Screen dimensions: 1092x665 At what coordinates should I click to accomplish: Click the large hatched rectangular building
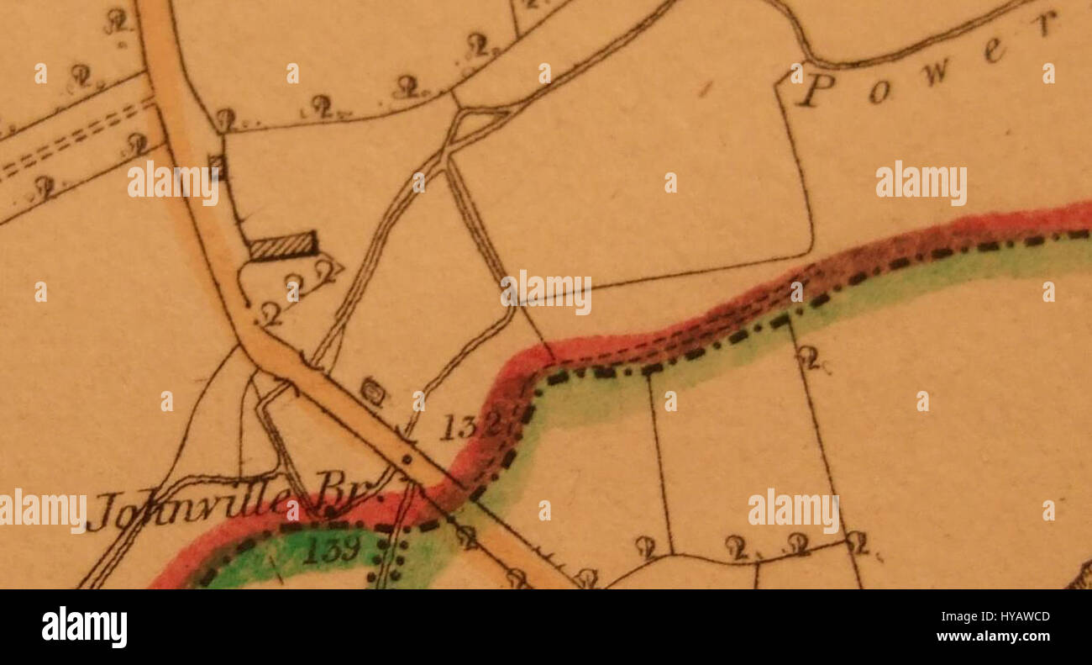283,245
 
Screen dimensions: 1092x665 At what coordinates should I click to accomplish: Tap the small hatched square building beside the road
218,167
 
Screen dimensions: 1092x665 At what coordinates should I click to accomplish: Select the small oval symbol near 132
373,390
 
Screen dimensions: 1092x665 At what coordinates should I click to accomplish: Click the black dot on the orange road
407,459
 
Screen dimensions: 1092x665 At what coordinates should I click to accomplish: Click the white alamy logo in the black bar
84,627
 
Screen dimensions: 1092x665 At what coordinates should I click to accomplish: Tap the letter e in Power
995,52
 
